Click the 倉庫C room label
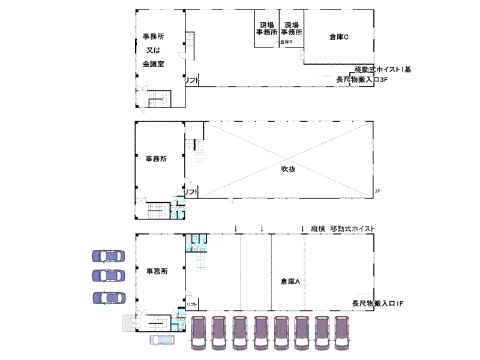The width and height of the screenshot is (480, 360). pos(339,37)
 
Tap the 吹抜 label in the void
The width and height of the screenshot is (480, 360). pos(289,169)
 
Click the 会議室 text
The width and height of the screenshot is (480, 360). pos(154,63)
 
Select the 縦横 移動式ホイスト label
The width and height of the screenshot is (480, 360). pos(344,229)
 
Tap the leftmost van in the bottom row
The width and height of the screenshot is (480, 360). pos(200,333)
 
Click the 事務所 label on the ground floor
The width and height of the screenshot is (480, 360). pos(157,271)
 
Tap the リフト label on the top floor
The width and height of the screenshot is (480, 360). pos(191,80)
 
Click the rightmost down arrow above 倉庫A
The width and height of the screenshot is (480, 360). pos(303,228)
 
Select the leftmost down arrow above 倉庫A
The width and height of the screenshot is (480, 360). pos(236,228)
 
